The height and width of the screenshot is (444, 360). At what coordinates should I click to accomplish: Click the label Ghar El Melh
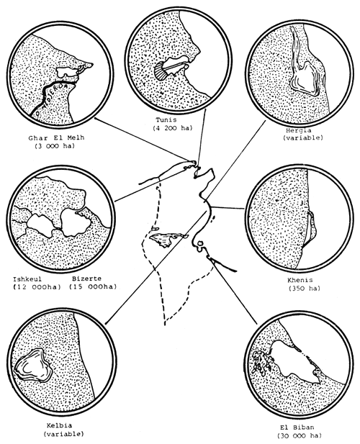tap(51, 137)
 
